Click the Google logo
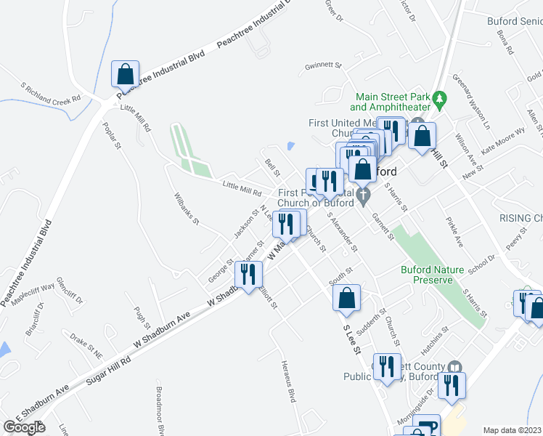24,427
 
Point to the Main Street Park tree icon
438,97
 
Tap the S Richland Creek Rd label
51,94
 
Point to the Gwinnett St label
324,65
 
